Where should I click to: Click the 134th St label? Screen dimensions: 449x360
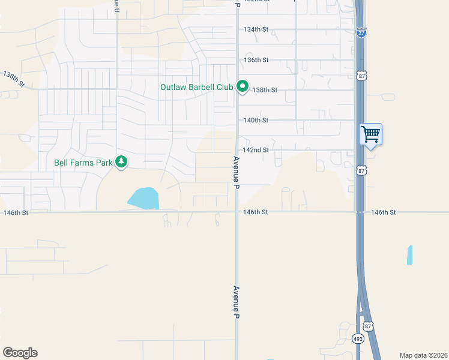[x=255, y=29]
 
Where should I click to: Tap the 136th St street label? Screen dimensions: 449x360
[x=255, y=60]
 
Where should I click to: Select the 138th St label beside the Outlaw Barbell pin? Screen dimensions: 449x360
[x=265, y=90]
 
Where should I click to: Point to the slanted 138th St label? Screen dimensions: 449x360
[x=13, y=79]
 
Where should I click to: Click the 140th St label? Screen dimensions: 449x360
[x=255, y=120]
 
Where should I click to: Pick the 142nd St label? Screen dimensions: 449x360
[x=255, y=150]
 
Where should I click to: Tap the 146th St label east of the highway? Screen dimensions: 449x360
[x=384, y=212]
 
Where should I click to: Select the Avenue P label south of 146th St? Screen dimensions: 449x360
[x=237, y=301]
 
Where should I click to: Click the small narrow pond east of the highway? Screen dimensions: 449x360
[x=410, y=255]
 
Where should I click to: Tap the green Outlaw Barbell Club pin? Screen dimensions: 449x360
[x=243, y=87]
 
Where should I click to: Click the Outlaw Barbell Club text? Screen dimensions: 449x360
[x=196, y=88]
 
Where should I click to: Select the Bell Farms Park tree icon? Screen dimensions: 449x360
[x=122, y=162]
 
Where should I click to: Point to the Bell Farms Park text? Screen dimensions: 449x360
[x=83, y=162]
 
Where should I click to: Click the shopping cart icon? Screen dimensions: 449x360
[x=370, y=133]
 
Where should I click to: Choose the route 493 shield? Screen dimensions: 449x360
[x=357, y=338]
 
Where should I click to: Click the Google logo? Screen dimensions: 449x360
[x=20, y=353]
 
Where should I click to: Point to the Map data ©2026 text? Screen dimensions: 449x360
[x=423, y=355]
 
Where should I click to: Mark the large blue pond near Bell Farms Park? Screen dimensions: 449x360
[x=143, y=198]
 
